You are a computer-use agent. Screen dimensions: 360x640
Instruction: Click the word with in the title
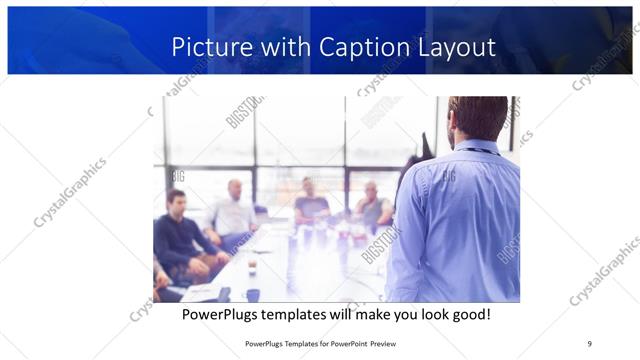[283, 47]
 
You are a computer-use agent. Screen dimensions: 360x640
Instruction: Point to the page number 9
[590, 343]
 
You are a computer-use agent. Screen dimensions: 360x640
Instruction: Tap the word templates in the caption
[305, 314]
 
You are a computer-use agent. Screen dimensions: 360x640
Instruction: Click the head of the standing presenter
[477, 118]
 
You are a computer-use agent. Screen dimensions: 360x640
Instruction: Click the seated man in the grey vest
[373, 207]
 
